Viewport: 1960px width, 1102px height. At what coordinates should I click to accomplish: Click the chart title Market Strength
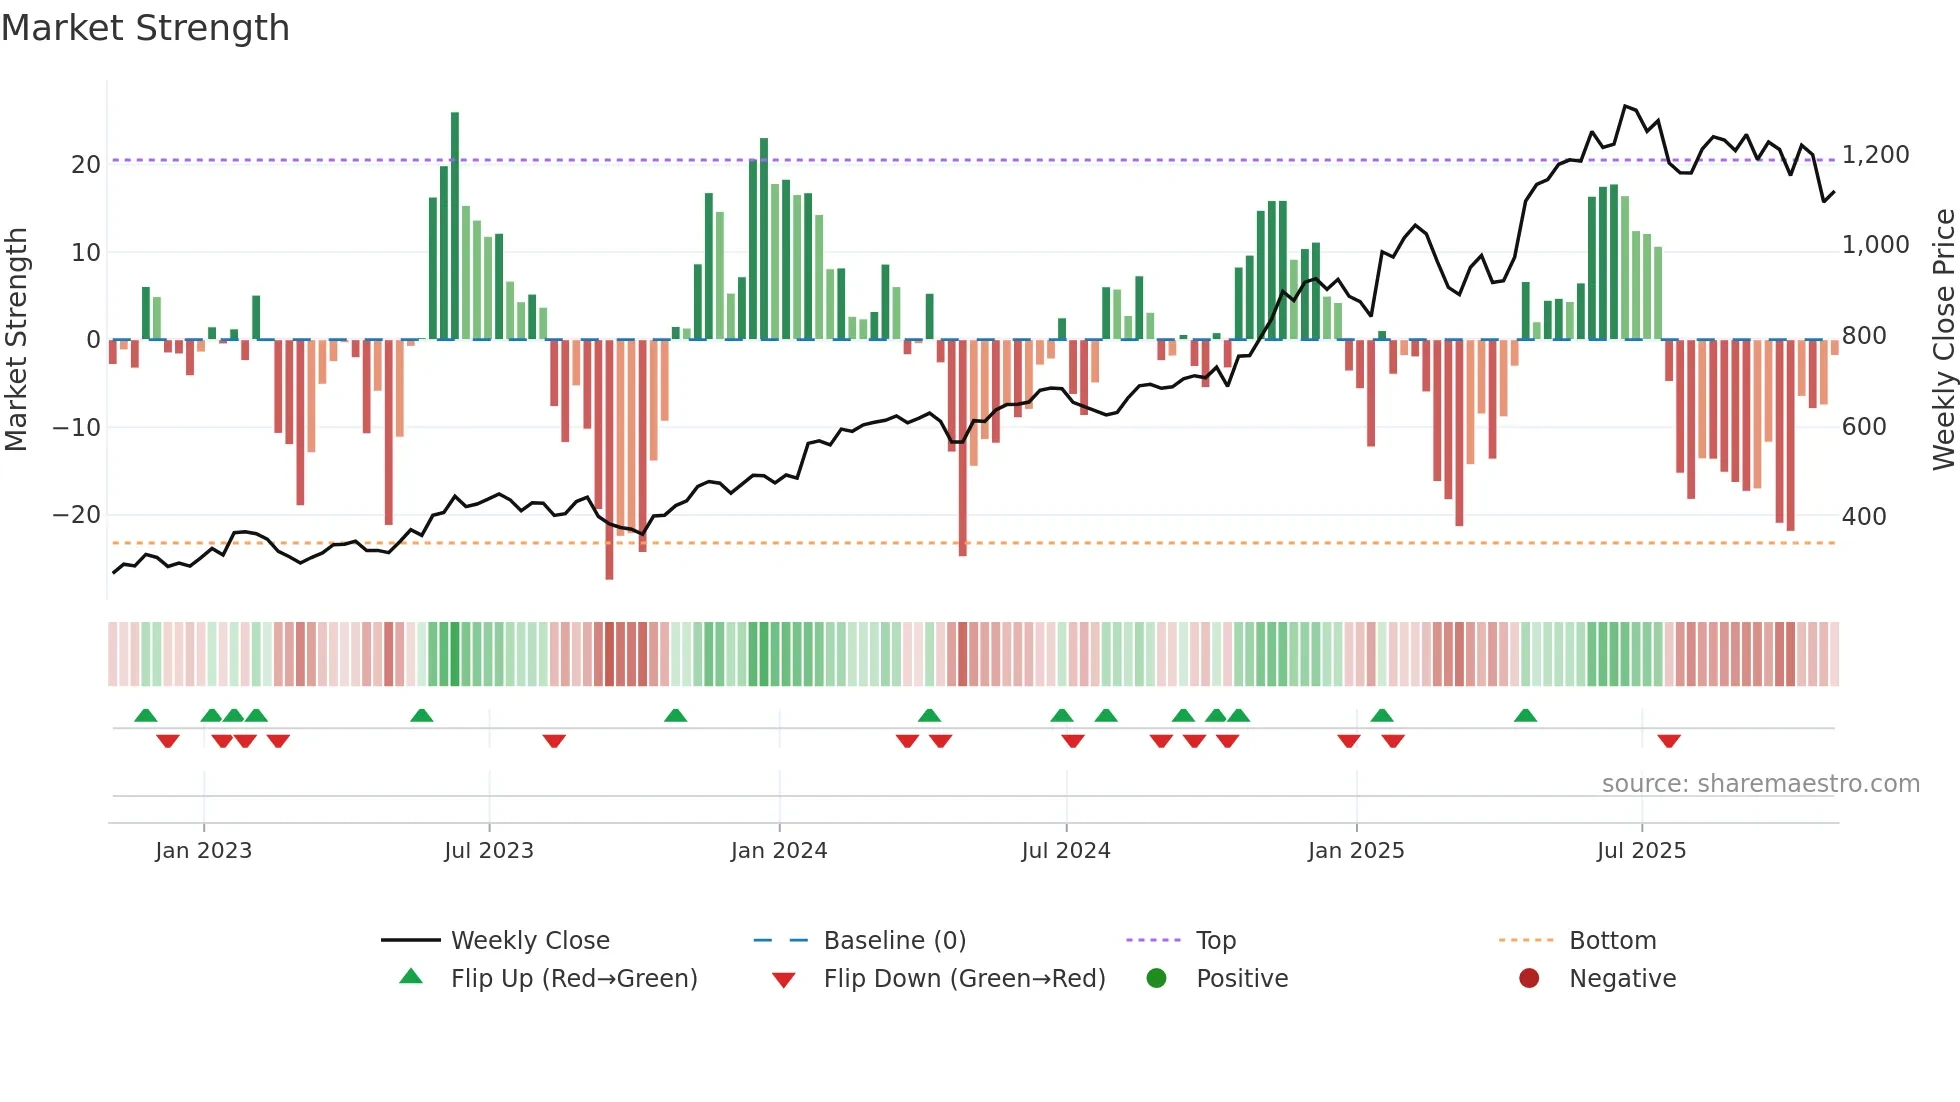tap(145, 28)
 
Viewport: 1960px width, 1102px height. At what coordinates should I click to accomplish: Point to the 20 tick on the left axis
tap(86, 165)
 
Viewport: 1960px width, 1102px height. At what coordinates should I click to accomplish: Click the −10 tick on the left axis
tap(77, 428)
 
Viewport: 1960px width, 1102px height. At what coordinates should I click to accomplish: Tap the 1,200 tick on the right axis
tap(1875, 155)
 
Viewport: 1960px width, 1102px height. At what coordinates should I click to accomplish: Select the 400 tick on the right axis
tap(1864, 517)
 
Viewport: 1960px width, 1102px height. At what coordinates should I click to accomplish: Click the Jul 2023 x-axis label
tap(489, 851)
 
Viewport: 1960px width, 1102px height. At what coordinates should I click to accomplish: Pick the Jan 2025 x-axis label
tap(1356, 851)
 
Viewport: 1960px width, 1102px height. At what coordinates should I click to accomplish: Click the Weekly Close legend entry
tap(530, 941)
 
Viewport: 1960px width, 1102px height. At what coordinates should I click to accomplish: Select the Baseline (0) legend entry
tap(894, 941)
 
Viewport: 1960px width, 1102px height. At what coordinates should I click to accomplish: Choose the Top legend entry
tap(1216, 941)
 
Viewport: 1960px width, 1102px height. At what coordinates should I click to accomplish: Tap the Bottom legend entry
tap(1612, 941)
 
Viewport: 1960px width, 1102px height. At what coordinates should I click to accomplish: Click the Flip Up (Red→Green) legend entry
tap(574, 979)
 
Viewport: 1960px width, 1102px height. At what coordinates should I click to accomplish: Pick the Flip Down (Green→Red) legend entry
tap(964, 979)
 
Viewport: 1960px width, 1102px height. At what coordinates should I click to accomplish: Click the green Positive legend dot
tap(1157, 979)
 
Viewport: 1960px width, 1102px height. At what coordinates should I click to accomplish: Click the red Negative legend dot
tap(1529, 979)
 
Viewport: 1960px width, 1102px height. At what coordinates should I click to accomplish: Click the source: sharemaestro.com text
tap(1760, 784)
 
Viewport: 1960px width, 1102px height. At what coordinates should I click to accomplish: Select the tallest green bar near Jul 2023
tap(455, 225)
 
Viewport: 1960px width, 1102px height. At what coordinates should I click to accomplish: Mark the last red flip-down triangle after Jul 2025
tap(1669, 741)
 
